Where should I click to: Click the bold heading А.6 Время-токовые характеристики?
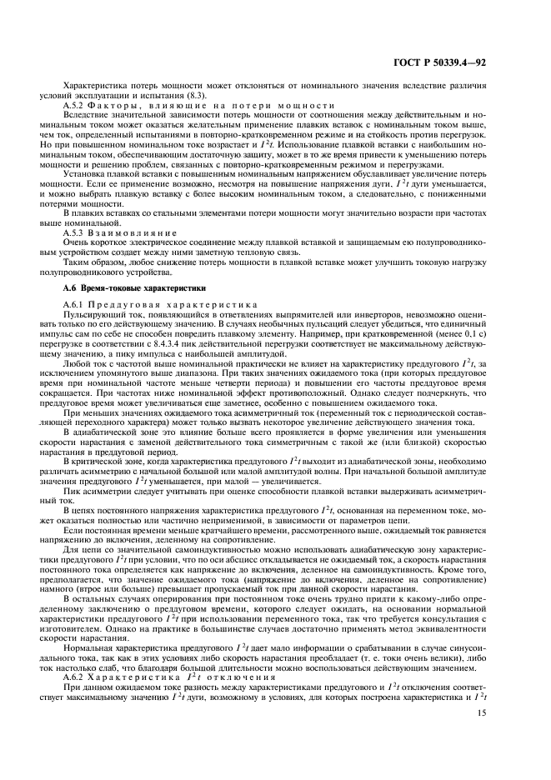coord(121,287)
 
